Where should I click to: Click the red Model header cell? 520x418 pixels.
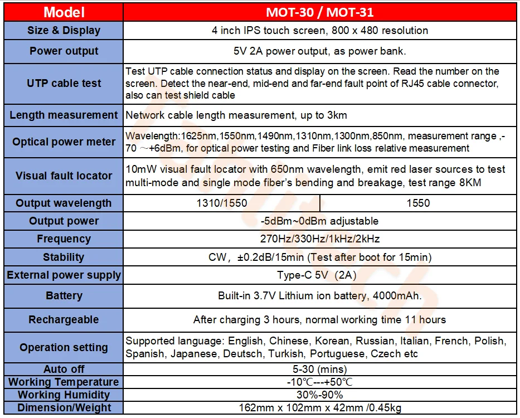64,12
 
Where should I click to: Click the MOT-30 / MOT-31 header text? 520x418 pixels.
319,12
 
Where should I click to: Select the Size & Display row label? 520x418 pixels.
64,31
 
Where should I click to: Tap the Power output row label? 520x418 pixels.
64,51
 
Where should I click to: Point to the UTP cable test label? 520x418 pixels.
64,84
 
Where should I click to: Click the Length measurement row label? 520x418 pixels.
64,115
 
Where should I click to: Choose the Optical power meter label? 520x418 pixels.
64,142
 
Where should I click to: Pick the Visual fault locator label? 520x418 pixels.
64,176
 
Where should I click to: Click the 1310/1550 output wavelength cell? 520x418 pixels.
222,203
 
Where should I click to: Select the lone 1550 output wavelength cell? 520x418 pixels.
418,203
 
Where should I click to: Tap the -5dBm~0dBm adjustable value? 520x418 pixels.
319,221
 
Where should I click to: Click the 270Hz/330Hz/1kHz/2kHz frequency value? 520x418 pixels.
319,239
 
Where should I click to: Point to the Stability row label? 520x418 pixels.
64,257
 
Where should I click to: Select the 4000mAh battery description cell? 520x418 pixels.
319,296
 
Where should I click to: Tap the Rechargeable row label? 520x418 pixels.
64,320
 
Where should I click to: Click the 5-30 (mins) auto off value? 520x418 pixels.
319,370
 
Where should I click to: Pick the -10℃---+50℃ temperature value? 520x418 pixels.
319,382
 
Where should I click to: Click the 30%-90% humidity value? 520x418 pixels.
319,395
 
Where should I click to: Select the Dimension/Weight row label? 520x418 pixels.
64,408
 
